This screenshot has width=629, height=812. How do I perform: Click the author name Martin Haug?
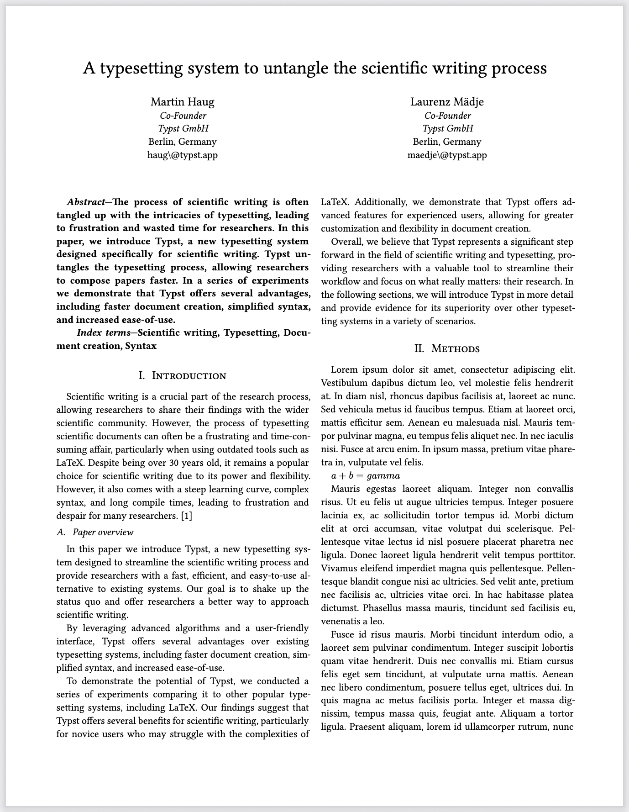coord(182,101)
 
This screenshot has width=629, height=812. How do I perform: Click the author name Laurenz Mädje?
coord(447,101)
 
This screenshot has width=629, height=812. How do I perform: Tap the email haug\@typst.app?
coord(182,155)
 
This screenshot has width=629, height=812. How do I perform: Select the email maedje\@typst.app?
coord(447,155)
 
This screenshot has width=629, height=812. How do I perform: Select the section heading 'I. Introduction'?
coord(182,375)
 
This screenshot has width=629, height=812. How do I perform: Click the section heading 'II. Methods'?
coord(447,348)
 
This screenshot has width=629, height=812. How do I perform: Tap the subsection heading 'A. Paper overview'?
coord(95,532)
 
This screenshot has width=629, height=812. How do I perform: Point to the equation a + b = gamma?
coord(365,475)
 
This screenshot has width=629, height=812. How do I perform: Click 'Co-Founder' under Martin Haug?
coord(183,116)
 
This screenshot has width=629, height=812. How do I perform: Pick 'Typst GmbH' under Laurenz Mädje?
coord(447,128)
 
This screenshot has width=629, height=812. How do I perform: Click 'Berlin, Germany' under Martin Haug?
coord(182,142)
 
